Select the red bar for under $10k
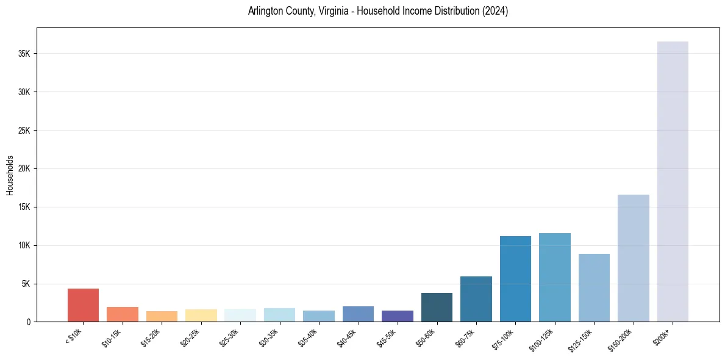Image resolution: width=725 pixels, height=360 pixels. coord(83,305)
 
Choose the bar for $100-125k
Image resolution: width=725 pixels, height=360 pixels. coord(555,277)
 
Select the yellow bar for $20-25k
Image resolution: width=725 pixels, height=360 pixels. coord(201,315)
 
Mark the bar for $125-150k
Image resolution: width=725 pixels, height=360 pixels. coord(594,287)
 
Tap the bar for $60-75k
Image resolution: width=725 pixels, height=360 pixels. coord(476,299)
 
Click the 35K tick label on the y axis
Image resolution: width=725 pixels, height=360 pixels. coord(24,54)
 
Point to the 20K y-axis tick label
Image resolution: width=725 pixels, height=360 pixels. coord(24,169)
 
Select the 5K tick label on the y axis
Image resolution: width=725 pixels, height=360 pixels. coord(26,284)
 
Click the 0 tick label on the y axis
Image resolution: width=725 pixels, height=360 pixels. coord(29,322)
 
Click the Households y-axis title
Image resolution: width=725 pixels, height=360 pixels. coord(10,175)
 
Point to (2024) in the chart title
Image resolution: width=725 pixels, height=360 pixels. coord(496,11)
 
